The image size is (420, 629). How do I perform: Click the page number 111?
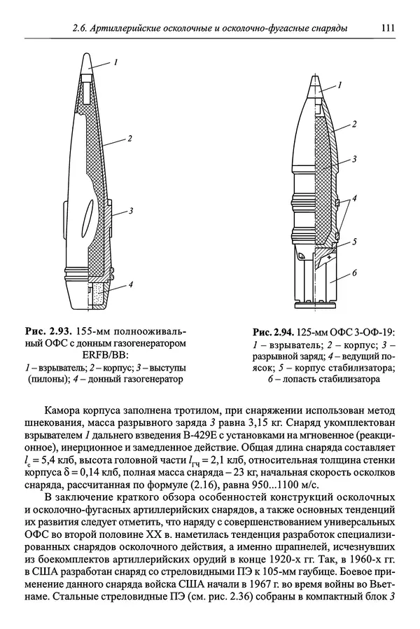click(x=388, y=29)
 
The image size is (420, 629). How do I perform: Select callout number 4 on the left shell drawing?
click(x=132, y=286)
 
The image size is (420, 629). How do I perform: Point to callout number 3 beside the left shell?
click(x=131, y=210)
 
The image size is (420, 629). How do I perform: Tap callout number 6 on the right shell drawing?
click(x=355, y=272)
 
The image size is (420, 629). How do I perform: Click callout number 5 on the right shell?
click(x=354, y=241)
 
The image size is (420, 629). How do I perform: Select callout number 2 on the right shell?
click(x=354, y=124)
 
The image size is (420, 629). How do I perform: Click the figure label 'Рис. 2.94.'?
click(x=275, y=331)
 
